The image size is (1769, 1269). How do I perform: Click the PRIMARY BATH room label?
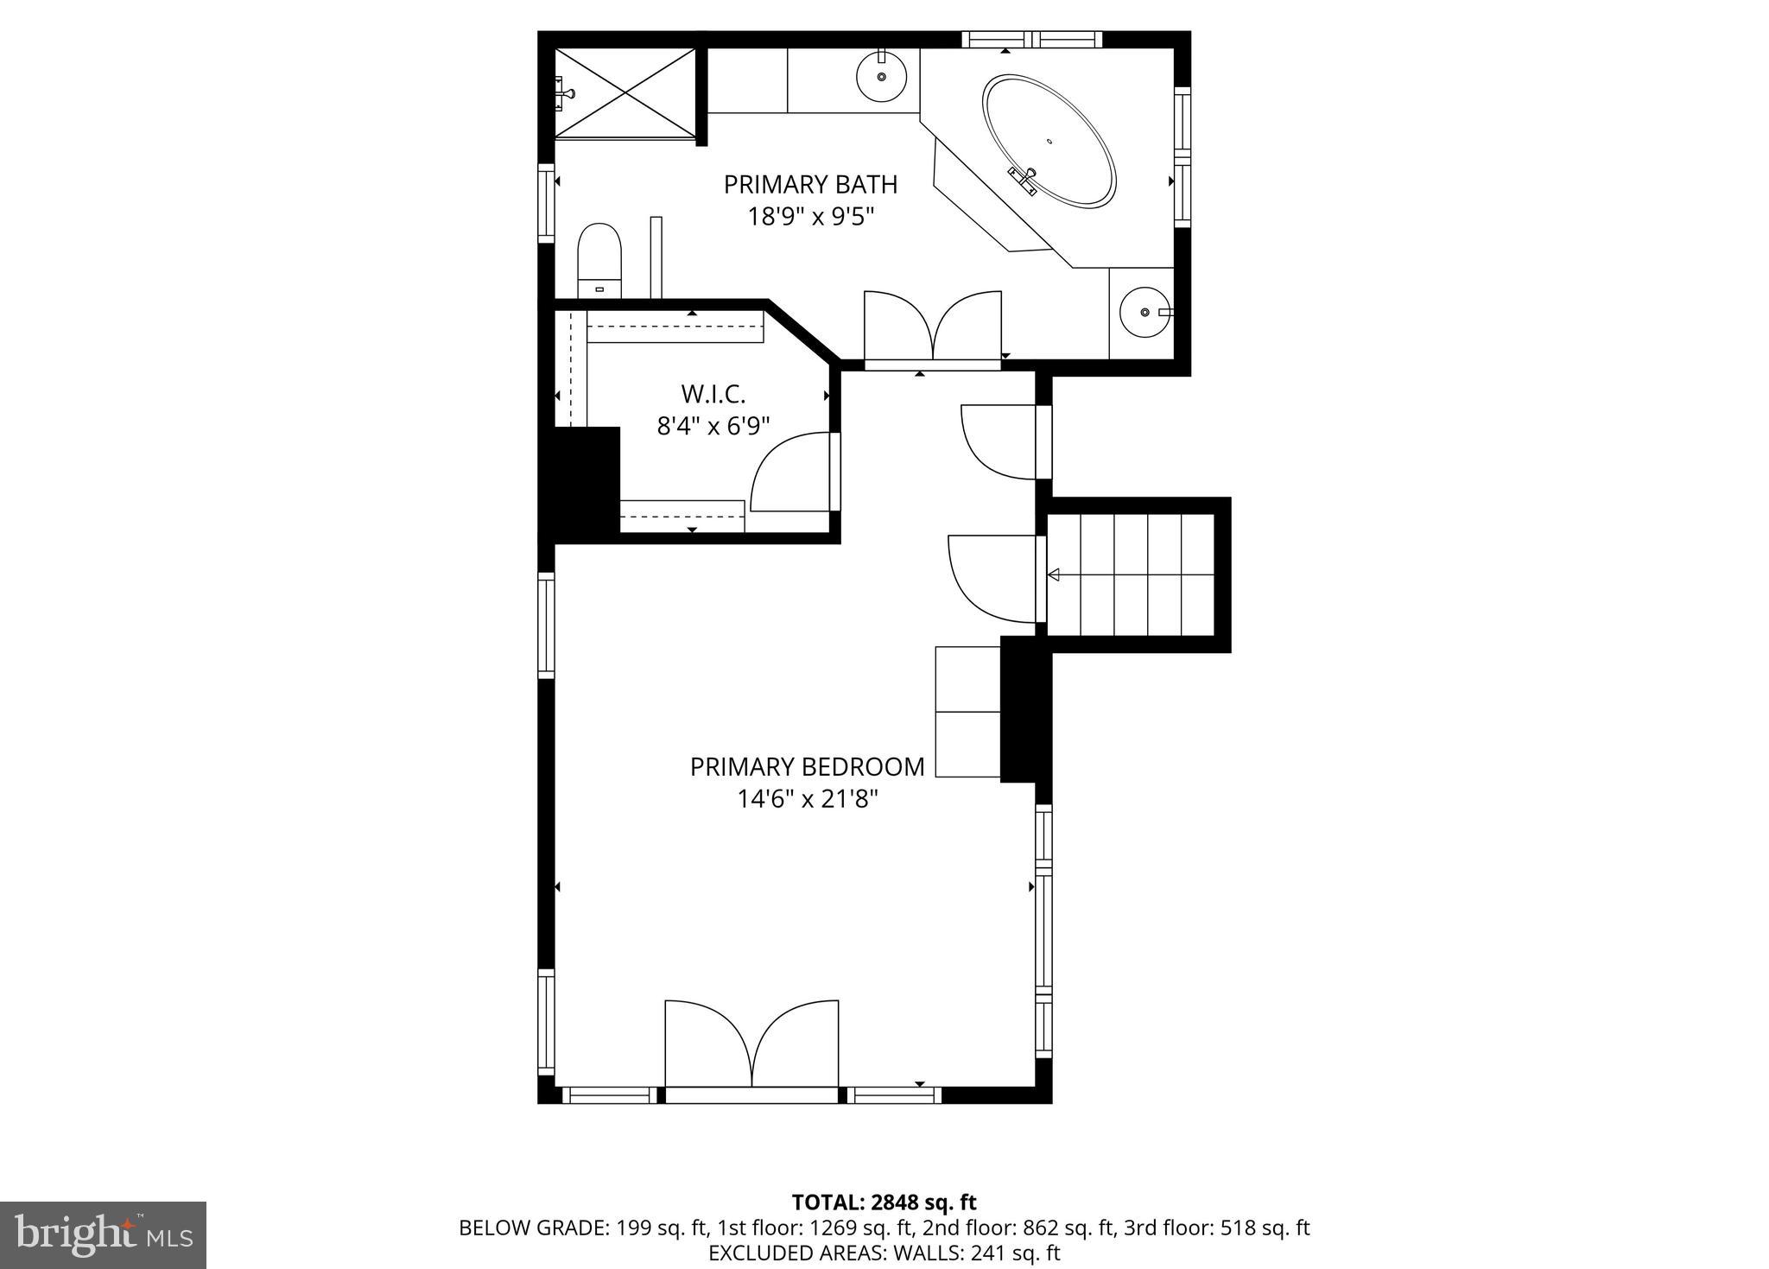click(x=810, y=185)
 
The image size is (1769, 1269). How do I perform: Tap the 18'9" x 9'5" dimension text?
click(x=810, y=216)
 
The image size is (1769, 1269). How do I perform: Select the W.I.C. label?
click(x=713, y=395)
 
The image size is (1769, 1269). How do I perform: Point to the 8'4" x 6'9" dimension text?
click(x=713, y=426)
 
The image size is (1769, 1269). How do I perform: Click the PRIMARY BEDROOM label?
click(x=807, y=767)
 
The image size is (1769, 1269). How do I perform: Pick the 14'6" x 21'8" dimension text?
click(x=807, y=799)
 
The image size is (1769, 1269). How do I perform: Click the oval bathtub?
click(x=1049, y=141)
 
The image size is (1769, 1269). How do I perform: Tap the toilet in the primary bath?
click(x=599, y=259)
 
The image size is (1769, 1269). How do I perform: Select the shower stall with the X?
click(x=625, y=92)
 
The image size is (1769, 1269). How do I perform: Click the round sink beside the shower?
click(x=882, y=76)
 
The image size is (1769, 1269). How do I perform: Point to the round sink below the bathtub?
click(x=1144, y=312)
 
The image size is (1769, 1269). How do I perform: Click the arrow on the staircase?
click(x=1054, y=574)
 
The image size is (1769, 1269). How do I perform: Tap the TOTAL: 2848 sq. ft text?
click(x=884, y=1202)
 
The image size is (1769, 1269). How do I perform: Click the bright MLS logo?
click(x=103, y=1234)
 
